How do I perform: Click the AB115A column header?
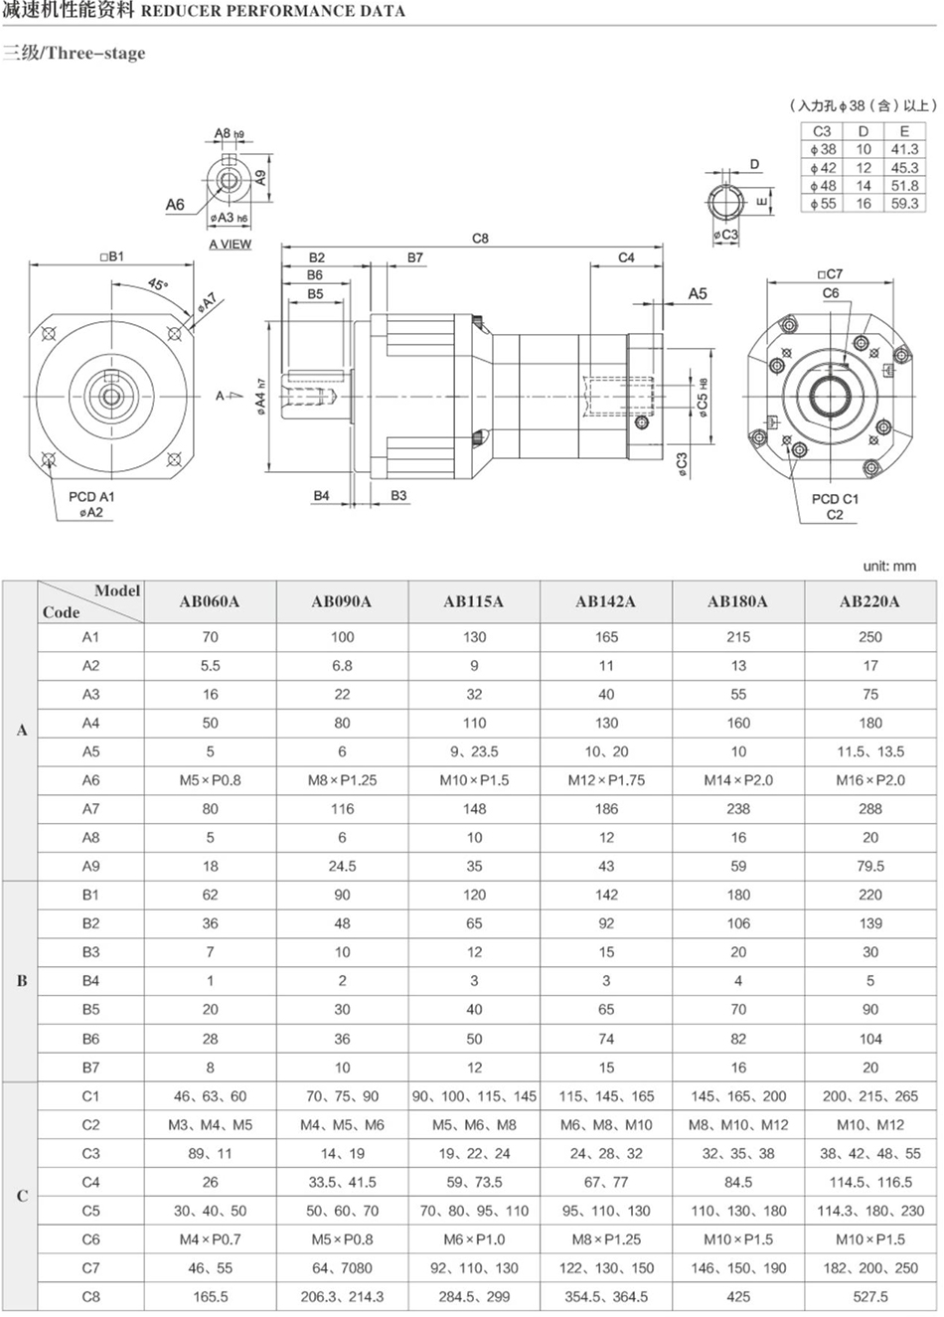(474, 601)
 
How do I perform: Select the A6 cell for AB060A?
(210, 780)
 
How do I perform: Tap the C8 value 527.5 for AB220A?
(869, 1296)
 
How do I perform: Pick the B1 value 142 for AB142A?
(606, 895)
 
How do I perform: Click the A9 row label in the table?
(90, 866)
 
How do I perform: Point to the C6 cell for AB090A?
(342, 1239)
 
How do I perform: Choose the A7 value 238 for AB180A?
(738, 809)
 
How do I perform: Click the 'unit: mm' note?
(889, 566)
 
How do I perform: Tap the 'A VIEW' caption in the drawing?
(231, 245)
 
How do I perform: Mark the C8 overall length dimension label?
(480, 239)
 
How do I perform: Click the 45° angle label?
(157, 284)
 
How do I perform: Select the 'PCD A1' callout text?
(91, 497)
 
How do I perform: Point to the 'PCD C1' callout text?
(835, 499)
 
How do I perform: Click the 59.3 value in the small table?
(904, 204)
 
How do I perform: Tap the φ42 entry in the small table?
(823, 168)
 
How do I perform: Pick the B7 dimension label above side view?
(414, 257)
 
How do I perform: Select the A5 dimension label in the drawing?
(698, 293)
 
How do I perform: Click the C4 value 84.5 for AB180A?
(738, 1183)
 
